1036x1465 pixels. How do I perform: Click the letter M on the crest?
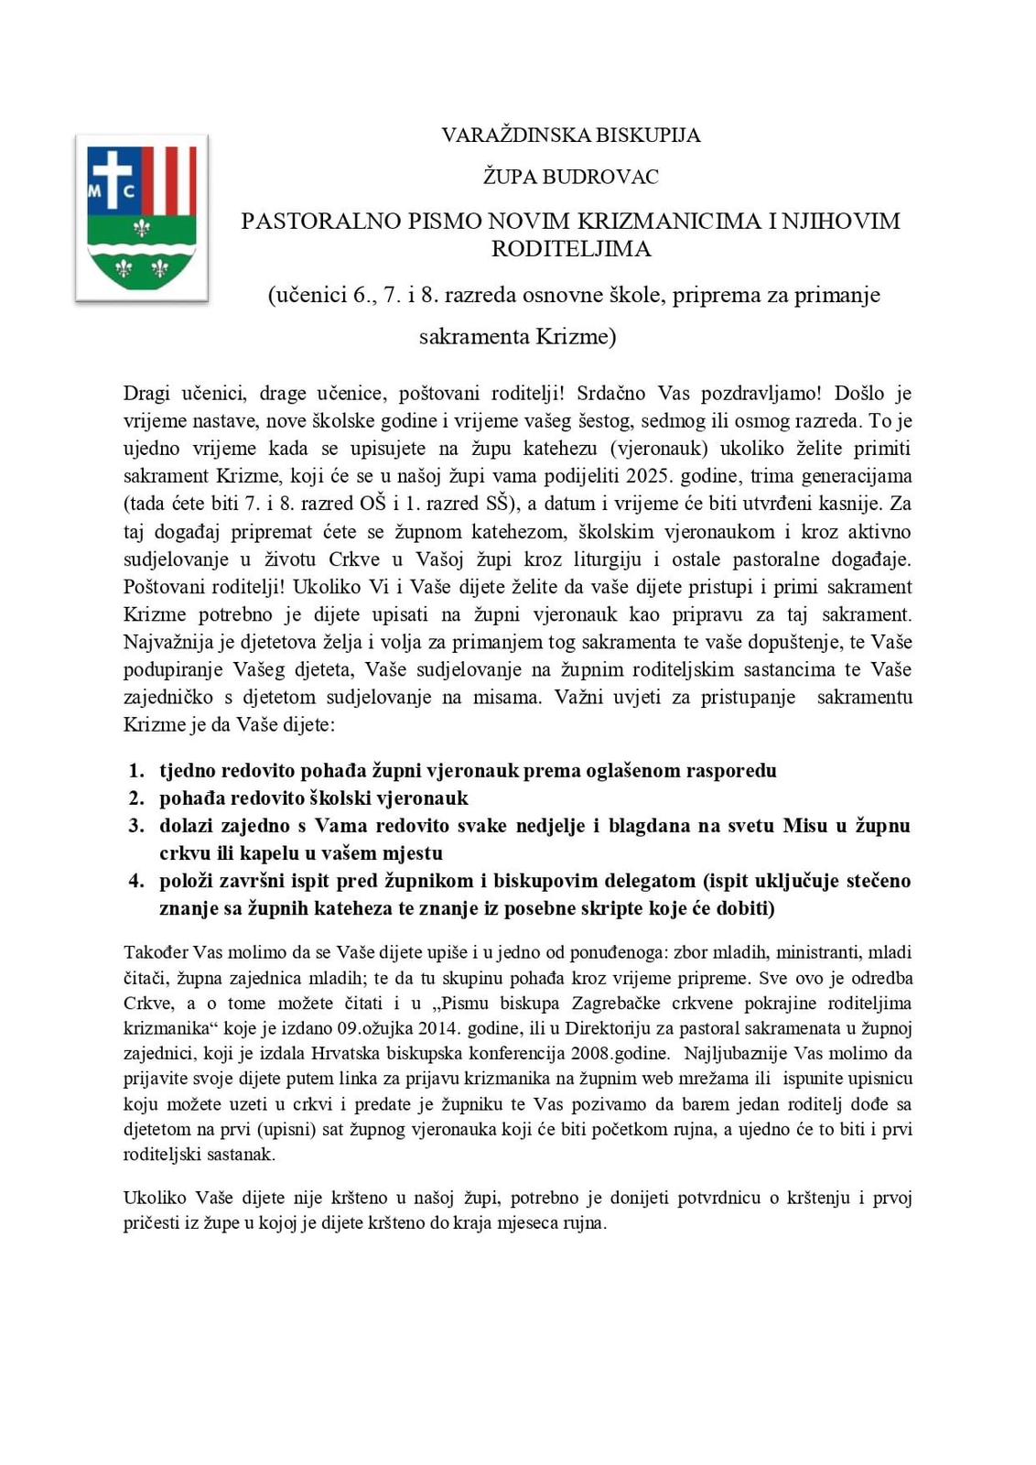tap(95, 192)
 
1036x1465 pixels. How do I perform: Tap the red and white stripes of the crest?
tap(169, 179)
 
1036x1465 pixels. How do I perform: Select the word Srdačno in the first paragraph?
tap(610, 394)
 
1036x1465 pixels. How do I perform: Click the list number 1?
tap(136, 771)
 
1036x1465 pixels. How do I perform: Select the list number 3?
tap(136, 826)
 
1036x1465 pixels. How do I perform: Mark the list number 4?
tap(136, 881)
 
